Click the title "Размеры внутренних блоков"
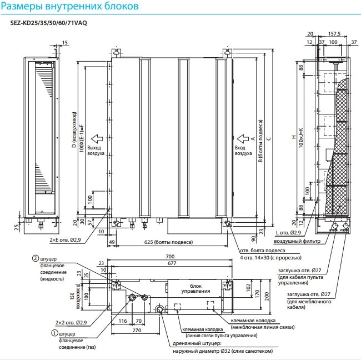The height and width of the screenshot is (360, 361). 74,8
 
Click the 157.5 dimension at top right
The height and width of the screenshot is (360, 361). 334,34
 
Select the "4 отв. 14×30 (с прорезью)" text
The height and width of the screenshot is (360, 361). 266,258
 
